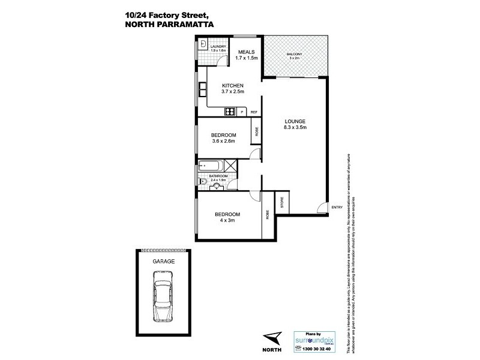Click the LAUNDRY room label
[x=218, y=46]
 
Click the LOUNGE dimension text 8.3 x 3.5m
[x=295, y=127]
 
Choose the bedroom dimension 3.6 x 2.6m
[x=223, y=142]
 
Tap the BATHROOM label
[x=218, y=176]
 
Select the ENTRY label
[x=337, y=208]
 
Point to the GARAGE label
[x=163, y=261]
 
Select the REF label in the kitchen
[x=254, y=112]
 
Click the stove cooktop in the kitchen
[x=229, y=112]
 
